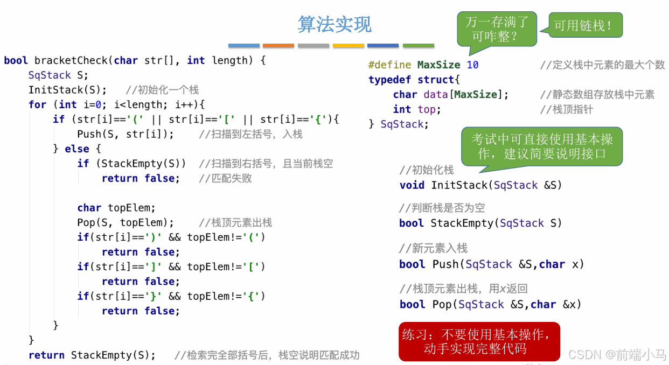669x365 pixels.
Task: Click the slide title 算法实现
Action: (x=334, y=25)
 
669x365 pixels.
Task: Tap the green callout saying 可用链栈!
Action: (x=585, y=25)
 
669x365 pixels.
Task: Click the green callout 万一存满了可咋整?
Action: (x=497, y=29)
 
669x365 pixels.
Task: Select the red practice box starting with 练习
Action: (x=479, y=341)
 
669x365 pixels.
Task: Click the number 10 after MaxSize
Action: (x=472, y=65)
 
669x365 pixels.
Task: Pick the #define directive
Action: (x=389, y=65)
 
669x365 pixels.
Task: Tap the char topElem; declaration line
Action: (x=116, y=208)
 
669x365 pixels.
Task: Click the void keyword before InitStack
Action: (x=412, y=185)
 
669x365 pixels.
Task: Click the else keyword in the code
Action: (x=76, y=149)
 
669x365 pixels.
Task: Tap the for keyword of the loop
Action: (x=37, y=104)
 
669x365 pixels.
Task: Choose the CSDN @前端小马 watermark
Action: (x=617, y=354)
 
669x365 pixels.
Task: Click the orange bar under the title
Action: (x=278, y=46)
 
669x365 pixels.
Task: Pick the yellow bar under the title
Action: (x=348, y=46)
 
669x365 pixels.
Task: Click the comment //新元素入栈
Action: (x=433, y=248)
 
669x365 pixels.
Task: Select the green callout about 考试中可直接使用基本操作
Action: (x=542, y=146)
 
